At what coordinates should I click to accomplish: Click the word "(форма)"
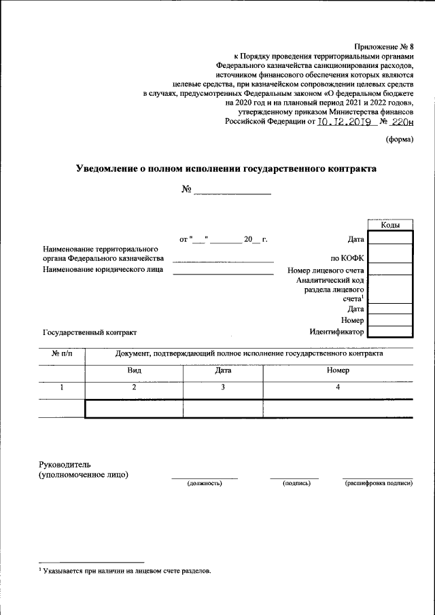click(399, 140)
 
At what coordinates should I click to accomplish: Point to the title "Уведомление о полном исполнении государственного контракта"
click(225, 168)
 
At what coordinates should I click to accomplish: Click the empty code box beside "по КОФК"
click(389, 258)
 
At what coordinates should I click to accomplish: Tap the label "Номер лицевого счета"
click(326, 270)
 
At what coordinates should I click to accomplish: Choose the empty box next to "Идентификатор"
click(389, 332)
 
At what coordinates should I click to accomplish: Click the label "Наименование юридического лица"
click(103, 270)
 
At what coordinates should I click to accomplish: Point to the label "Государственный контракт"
click(90, 332)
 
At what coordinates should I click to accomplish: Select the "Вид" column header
click(134, 371)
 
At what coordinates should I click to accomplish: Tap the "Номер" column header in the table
click(337, 371)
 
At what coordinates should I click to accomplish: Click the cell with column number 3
click(222, 387)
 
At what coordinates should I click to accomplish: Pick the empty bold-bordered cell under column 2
click(134, 408)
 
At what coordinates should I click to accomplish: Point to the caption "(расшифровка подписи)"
click(379, 483)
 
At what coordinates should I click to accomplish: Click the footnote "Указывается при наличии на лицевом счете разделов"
click(126, 571)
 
